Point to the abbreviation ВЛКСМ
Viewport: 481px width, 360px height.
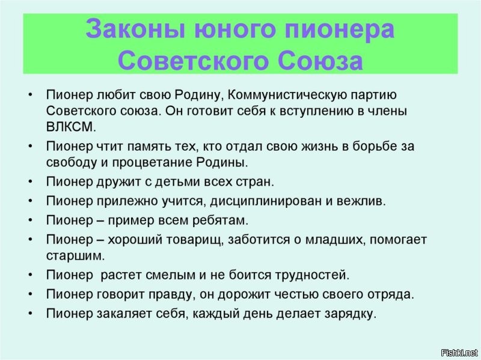point(70,127)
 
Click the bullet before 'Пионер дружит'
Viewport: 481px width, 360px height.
point(31,181)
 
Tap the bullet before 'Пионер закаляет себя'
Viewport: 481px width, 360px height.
point(31,313)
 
